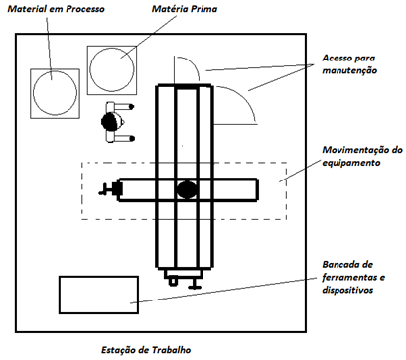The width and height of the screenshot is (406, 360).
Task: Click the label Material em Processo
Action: pyautogui.click(x=56, y=9)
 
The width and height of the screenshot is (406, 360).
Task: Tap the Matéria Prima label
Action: pyautogui.click(x=185, y=9)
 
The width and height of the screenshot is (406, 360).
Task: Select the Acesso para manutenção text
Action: pyautogui.click(x=349, y=64)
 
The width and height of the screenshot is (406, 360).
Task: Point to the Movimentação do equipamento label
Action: pyautogui.click(x=360, y=156)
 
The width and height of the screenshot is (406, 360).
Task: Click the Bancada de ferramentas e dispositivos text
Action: pyautogui.click(x=353, y=277)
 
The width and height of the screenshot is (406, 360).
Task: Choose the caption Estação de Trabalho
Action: pyautogui.click(x=146, y=350)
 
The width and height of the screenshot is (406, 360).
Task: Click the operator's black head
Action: pyautogui.click(x=110, y=122)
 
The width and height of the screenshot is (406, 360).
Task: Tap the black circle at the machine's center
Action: pyautogui.click(x=187, y=190)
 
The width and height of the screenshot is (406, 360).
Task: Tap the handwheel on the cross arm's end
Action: pyautogui.click(x=108, y=189)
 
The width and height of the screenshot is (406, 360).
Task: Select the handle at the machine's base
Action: pyautogui.click(x=195, y=283)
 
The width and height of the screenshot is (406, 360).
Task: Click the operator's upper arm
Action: pyautogui.click(x=120, y=107)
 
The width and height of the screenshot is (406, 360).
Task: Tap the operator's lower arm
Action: pyautogui.click(x=120, y=138)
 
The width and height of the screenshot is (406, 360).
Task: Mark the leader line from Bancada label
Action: pyautogui.click(x=222, y=290)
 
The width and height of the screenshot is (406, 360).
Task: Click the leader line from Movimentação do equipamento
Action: pyautogui.click(x=300, y=171)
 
